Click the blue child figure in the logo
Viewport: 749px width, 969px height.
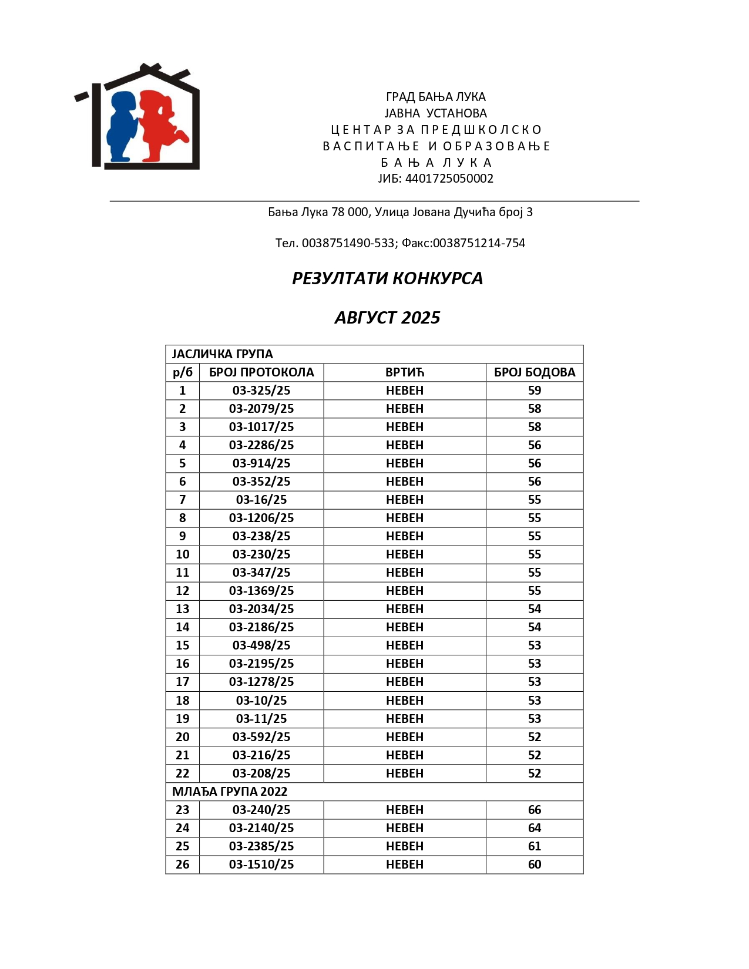coord(122,126)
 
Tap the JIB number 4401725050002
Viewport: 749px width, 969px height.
coord(449,179)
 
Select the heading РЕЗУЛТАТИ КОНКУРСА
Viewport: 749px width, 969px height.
coord(387,278)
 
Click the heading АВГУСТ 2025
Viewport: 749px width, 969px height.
coord(387,318)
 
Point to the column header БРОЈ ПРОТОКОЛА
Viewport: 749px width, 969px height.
coord(261,372)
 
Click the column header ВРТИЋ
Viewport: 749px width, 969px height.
coord(405,372)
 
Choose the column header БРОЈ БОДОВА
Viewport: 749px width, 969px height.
coord(535,372)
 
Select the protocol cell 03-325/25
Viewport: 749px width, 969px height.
coord(261,391)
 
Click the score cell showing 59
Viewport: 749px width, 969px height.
coord(535,391)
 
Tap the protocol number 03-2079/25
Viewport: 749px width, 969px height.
coord(261,409)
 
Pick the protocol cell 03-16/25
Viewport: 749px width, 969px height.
coord(261,500)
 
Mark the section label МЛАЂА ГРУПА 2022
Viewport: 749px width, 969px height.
coord(230,792)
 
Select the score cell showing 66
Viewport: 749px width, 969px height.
coord(535,810)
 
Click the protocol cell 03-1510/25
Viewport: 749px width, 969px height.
coord(261,864)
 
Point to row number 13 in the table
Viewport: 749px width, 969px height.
coord(183,609)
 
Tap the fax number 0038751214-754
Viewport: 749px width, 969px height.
coord(479,243)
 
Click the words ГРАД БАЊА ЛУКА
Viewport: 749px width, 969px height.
coord(435,97)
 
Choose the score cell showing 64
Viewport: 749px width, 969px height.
coord(535,828)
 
